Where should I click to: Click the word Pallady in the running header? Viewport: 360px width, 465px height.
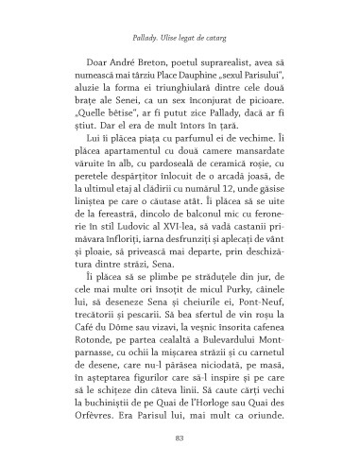point(142,29)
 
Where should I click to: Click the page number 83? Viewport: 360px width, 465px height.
point(179,436)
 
